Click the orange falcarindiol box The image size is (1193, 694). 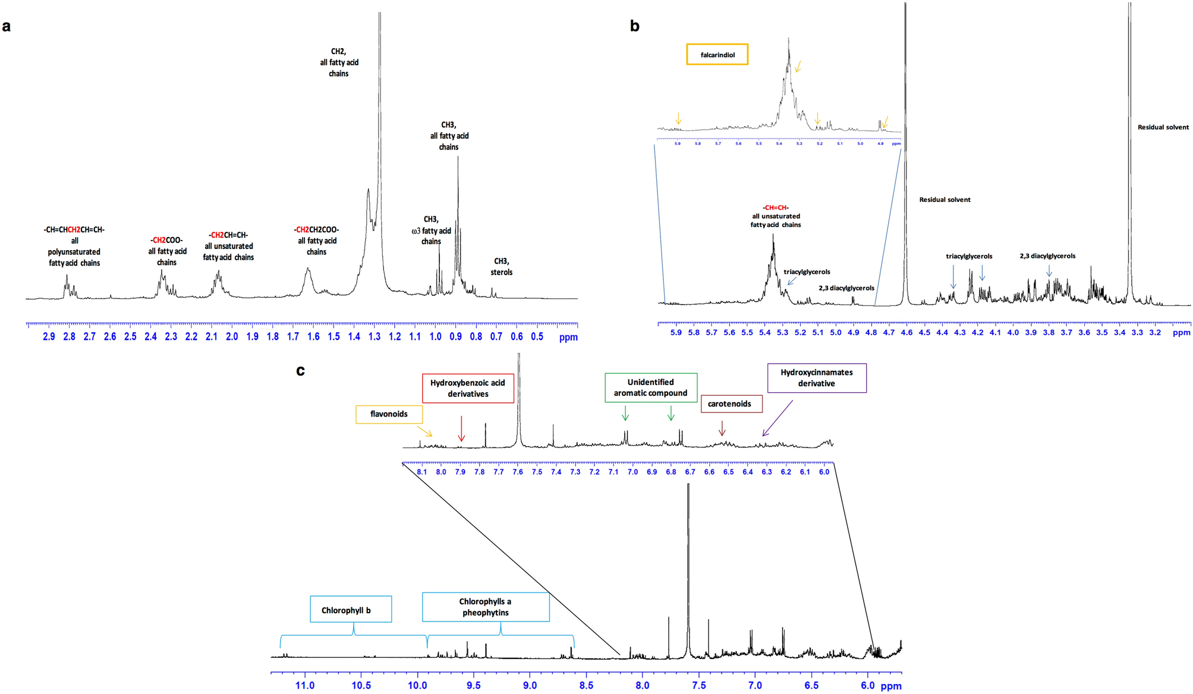tap(717, 55)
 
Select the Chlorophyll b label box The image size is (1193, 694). tap(351, 610)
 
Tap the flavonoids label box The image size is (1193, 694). tap(389, 414)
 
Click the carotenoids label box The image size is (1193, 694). tap(731, 404)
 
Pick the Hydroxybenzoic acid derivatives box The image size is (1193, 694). tap(468, 389)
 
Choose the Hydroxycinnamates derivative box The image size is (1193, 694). tap(816, 378)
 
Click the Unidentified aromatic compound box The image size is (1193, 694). tap(650, 387)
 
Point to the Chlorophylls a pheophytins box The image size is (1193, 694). tap(485, 607)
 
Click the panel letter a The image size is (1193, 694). tap(7, 26)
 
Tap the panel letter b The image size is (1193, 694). tap(634, 26)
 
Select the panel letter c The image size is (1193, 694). tap(301, 371)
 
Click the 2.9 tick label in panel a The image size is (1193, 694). tap(49, 337)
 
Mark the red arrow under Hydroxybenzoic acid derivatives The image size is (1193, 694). tap(461, 428)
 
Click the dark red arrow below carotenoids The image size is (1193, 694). tap(722, 428)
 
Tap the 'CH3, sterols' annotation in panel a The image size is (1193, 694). tap(501, 267)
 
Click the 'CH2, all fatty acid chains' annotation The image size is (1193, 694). tap(339, 62)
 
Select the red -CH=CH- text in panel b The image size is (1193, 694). tap(775, 207)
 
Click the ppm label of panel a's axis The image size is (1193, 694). tap(568, 337)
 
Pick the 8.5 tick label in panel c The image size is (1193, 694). tap(586, 686)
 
